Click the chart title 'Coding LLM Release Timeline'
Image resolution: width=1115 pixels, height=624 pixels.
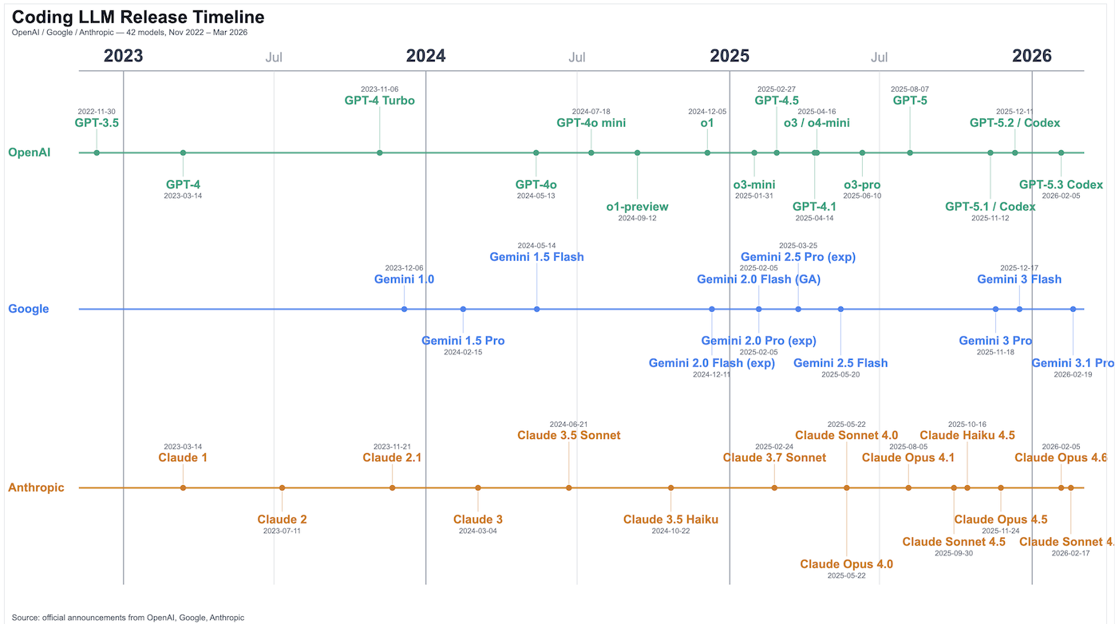138,17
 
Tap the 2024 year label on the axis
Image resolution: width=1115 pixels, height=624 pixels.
425,56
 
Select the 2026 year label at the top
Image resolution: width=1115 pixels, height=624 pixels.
1031,56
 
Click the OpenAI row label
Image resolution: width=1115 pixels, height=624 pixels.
30,152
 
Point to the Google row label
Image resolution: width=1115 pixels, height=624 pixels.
29,309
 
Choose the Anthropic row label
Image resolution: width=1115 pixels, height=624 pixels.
36,488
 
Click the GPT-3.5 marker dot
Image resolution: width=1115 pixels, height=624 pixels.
97,152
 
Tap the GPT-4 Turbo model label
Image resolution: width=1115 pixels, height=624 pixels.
379,101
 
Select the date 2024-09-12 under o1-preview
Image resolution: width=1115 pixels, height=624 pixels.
637,218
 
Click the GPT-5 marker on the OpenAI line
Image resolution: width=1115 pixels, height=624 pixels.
910,152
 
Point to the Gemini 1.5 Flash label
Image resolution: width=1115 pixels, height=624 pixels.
536,257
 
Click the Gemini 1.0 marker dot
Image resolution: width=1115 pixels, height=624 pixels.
405,309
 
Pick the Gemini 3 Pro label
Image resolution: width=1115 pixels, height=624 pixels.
995,341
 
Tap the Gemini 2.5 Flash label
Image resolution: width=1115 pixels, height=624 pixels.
840,363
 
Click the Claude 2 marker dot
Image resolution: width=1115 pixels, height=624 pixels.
282,488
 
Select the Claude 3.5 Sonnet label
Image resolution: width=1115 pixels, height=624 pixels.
568,436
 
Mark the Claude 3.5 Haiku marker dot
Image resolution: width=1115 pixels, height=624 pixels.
670,488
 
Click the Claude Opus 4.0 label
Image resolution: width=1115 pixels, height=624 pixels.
846,564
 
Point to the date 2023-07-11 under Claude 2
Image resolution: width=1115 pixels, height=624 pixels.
282,531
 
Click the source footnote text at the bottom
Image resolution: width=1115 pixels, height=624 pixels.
128,617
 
